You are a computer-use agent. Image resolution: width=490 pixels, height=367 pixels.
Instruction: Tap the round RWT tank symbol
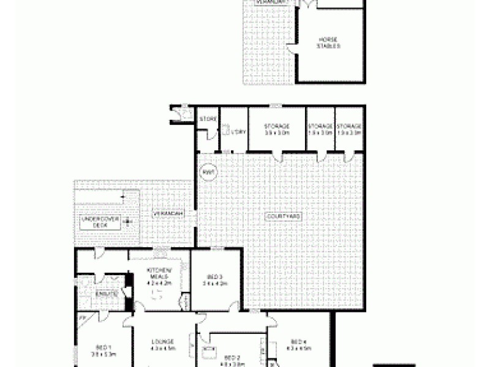pyautogui.click(x=206, y=173)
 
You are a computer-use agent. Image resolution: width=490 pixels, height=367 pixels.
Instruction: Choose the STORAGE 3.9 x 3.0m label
pyautogui.click(x=276, y=129)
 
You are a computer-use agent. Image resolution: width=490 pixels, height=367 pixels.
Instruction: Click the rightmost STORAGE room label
pyautogui.click(x=349, y=129)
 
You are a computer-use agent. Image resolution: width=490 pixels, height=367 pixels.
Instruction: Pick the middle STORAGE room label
pyautogui.click(x=320, y=129)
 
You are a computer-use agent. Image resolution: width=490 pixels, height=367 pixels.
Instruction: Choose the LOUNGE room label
pyautogui.click(x=164, y=345)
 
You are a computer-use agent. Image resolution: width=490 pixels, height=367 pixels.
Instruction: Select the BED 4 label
pyautogui.click(x=298, y=345)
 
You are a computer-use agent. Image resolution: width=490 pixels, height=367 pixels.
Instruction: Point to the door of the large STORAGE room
pyautogui.click(x=279, y=157)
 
